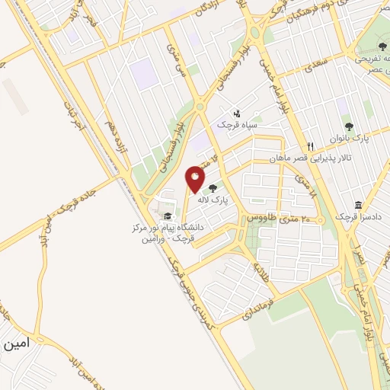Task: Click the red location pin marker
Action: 196,180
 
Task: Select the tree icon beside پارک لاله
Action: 213,188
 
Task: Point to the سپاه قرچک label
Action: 235,124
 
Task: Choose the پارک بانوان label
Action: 350,139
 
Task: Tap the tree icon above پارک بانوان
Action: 349,126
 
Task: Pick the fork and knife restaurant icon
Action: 310,146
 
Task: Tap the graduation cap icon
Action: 167,216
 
